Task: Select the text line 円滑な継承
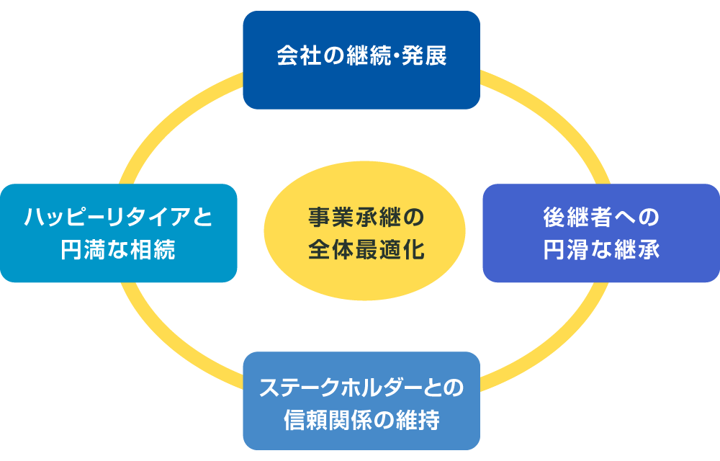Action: (x=600, y=250)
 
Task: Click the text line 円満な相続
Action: (x=119, y=250)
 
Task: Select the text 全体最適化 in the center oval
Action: (x=364, y=250)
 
